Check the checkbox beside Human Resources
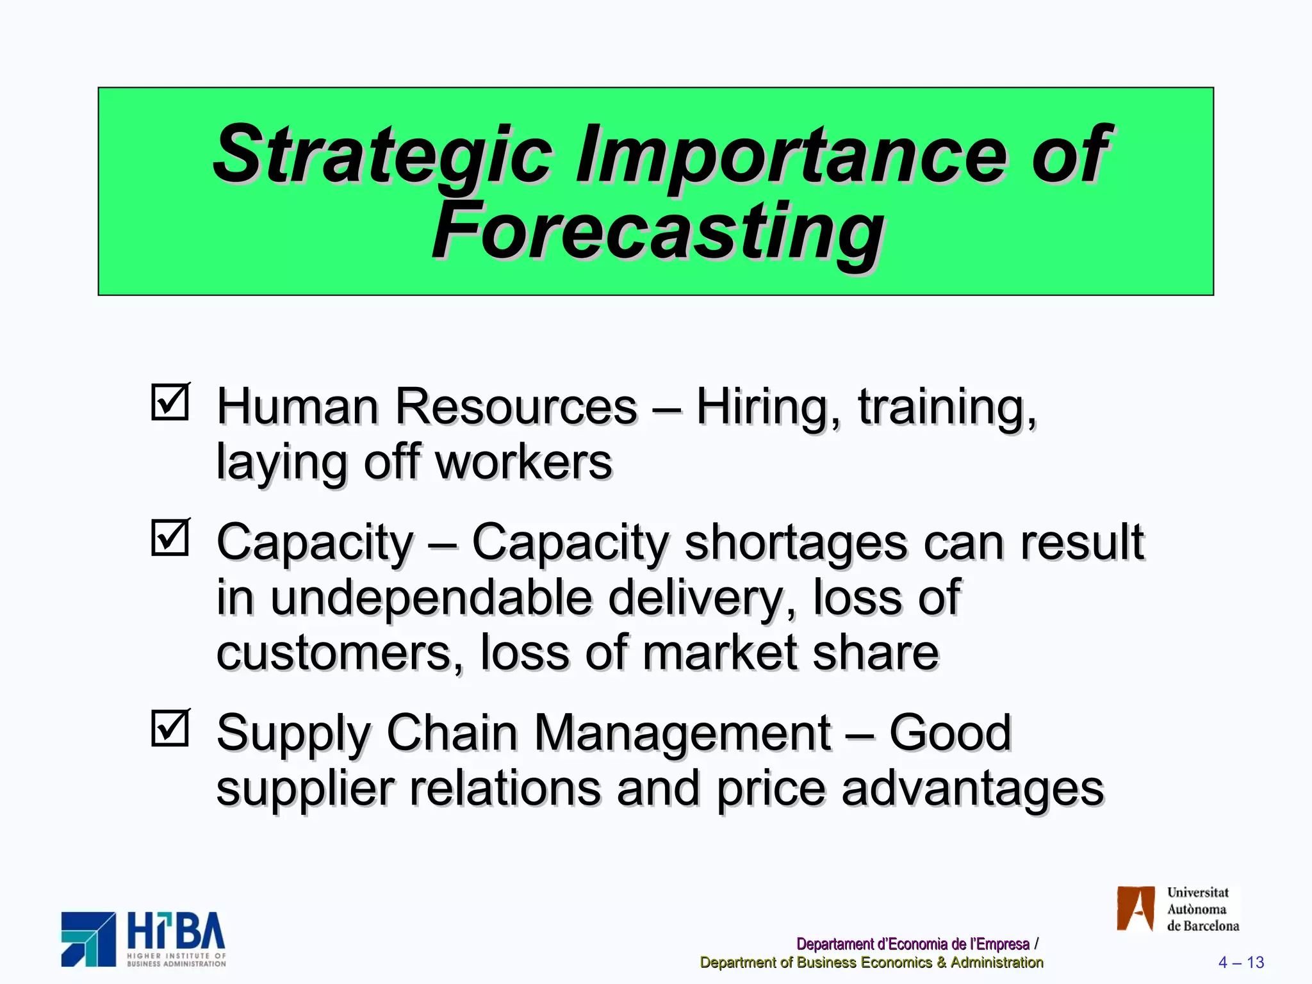170,402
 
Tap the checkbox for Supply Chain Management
170,728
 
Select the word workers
523,462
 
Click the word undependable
431,598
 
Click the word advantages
972,789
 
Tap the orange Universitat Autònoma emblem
1135,908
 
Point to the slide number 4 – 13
1241,962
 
